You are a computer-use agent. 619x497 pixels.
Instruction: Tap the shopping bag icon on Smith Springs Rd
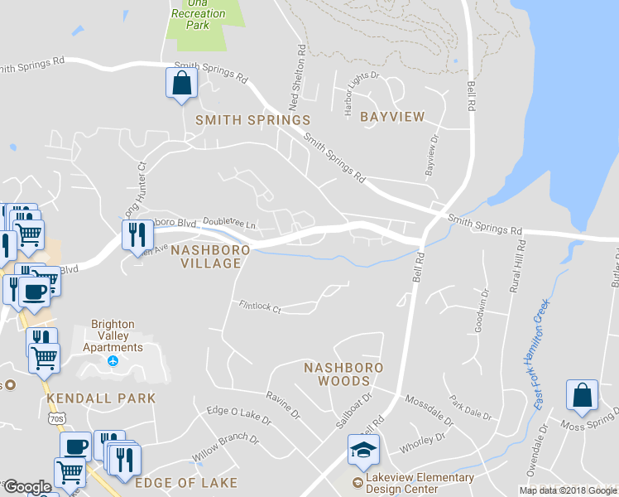(181, 83)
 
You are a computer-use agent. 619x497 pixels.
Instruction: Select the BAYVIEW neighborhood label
(392, 117)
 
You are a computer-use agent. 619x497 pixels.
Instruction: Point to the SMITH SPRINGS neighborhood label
(252, 120)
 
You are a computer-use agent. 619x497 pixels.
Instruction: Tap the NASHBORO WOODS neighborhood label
(343, 374)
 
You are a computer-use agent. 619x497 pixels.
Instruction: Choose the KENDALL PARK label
(101, 398)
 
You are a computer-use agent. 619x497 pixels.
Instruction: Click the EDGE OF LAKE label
(186, 482)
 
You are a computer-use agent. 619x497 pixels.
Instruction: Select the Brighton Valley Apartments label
(117, 336)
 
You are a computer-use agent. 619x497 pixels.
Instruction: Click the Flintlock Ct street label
(259, 307)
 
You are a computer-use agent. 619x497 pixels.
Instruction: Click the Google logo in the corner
(27, 487)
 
